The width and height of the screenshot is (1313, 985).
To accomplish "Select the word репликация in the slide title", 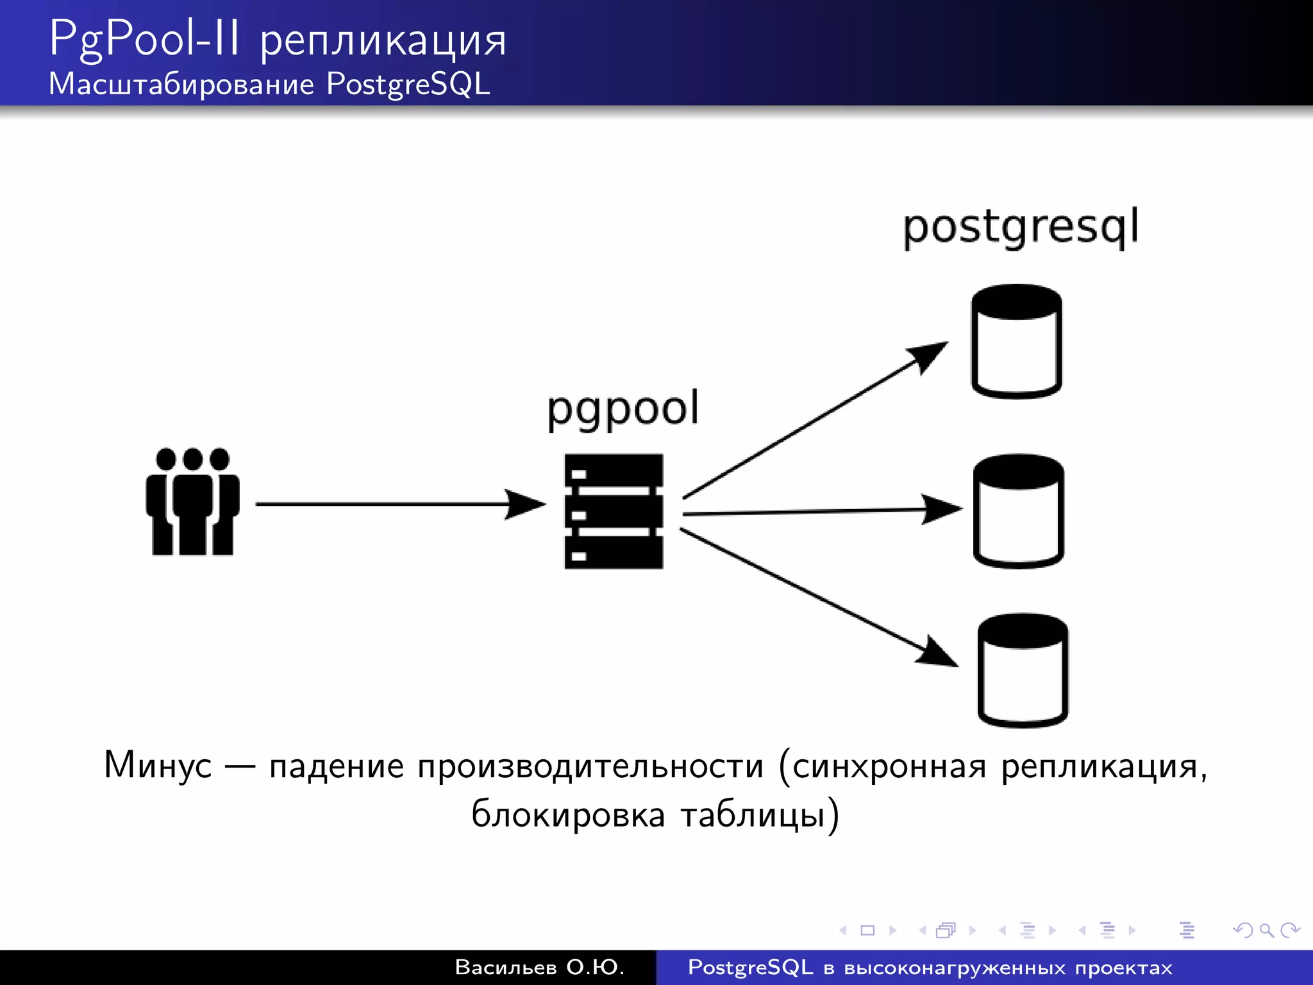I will point(383,42).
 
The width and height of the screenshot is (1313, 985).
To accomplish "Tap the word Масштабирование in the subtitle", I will point(181,84).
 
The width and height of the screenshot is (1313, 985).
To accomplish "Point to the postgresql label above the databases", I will point(1020,227).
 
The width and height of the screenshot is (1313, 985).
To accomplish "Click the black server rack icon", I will point(614,511).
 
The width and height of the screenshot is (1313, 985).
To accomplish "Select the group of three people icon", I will point(192,501).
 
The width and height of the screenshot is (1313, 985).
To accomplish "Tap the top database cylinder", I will point(1016,341).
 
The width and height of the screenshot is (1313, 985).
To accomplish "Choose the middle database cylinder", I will point(1018,511).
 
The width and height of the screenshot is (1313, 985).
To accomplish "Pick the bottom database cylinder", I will point(1023,670).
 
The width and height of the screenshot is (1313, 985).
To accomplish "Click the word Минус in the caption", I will point(158,765).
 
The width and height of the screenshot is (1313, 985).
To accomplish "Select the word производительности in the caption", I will point(590,766).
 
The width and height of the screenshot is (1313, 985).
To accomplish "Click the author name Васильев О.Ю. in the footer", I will point(539,967).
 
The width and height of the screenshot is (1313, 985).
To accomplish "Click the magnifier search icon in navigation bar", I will point(1266,930).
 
